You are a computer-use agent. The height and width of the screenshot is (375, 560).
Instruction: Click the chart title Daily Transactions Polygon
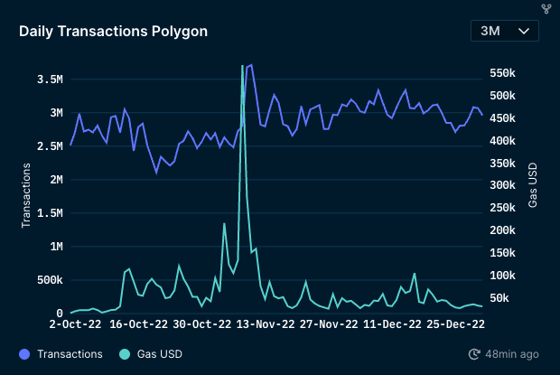point(113,31)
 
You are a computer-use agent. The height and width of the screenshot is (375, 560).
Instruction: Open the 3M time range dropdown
point(504,31)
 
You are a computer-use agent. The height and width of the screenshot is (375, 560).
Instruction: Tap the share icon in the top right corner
point(546,8)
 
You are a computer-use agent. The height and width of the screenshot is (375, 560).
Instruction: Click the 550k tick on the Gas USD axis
point(502,73)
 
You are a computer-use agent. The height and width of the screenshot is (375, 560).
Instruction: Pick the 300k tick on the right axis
point(502,185)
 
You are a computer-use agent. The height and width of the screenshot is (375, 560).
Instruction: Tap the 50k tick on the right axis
point(499,298)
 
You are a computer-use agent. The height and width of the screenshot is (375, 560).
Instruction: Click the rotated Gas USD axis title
point(533,185)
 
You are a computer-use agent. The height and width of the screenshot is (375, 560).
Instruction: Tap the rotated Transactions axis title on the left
point(27,195)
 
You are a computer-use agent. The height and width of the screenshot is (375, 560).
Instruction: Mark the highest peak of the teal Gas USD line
point(242,66)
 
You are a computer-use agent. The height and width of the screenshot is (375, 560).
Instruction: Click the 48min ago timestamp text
point(512,354)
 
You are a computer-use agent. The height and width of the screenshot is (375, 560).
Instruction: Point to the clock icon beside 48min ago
point(475,354)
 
